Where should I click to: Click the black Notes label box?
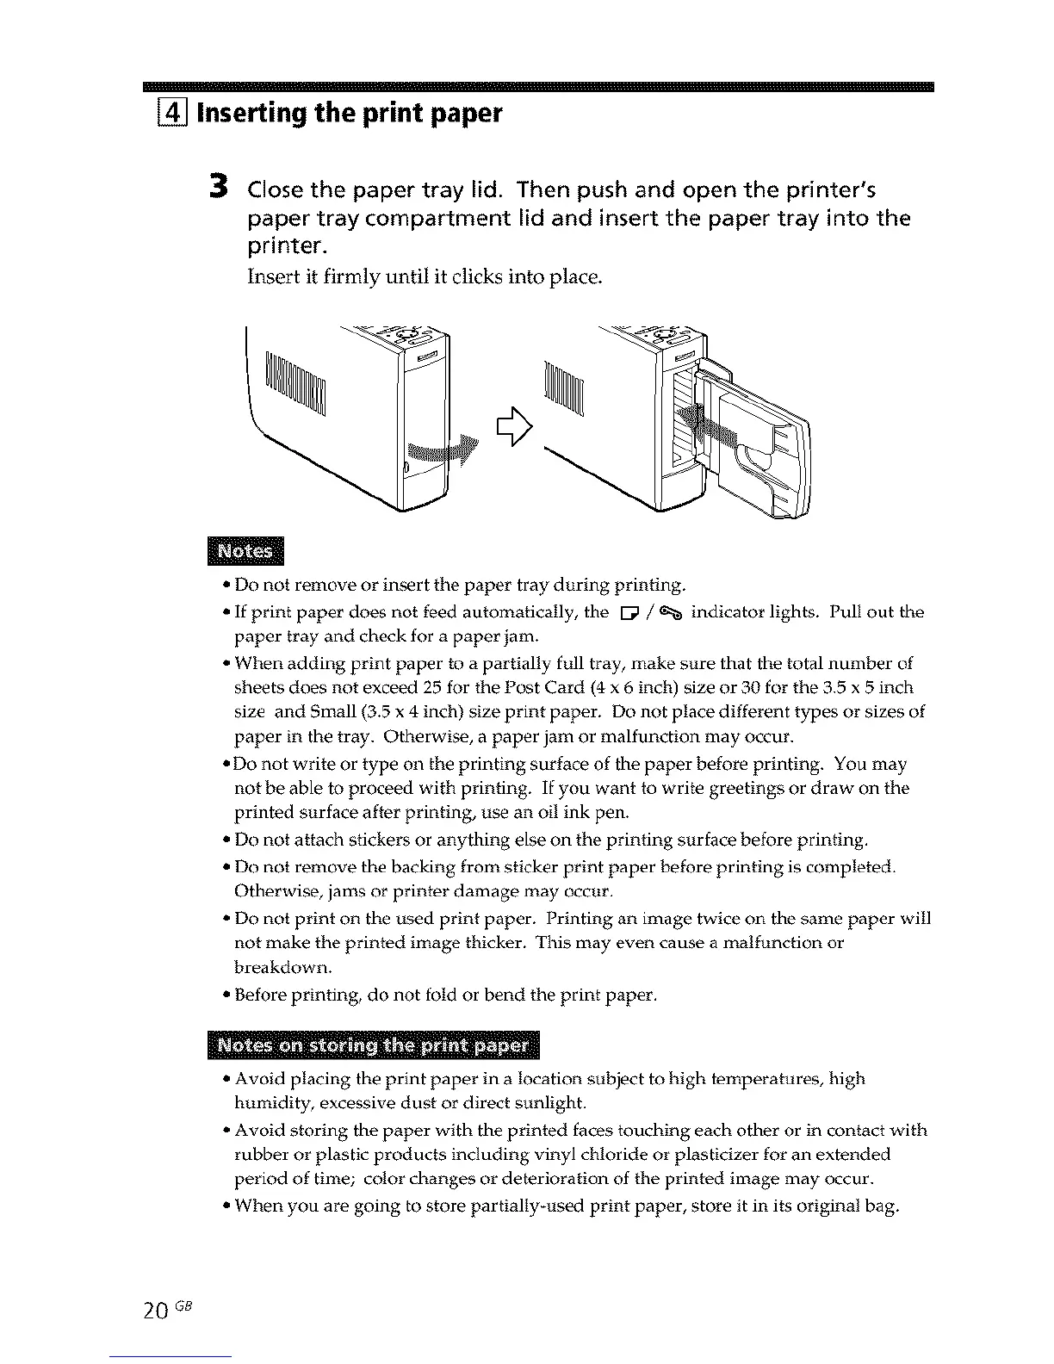pos(245,551)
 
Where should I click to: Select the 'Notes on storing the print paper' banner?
pos(373,1045)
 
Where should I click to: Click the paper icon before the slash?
pos(625,613)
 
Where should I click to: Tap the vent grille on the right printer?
pos(564,387)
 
